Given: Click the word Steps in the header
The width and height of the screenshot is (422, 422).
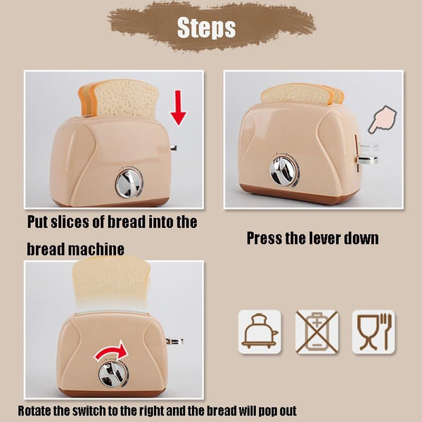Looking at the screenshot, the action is click(206, 27).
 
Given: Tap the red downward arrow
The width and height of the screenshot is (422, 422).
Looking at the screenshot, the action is click(178, 108).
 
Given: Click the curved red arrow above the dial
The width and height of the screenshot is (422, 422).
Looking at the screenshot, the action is click(111, 351).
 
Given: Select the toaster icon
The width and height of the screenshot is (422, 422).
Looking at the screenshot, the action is click(260, 331).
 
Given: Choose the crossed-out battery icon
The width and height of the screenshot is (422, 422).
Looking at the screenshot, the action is click(316, 331).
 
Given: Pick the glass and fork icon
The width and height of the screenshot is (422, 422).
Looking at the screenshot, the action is click(373, 331).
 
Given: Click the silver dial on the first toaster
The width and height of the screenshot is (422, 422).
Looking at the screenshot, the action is click(129, 184).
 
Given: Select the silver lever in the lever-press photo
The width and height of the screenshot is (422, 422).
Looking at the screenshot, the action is click(368, 155).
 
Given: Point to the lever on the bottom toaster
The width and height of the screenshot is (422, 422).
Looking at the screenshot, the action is click(174, 341).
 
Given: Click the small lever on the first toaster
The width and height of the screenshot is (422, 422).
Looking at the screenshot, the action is click(174, 148).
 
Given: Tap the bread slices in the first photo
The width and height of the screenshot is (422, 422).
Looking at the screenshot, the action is click(118, 98).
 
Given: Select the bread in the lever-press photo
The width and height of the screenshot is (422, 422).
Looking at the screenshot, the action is click(302, 94).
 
